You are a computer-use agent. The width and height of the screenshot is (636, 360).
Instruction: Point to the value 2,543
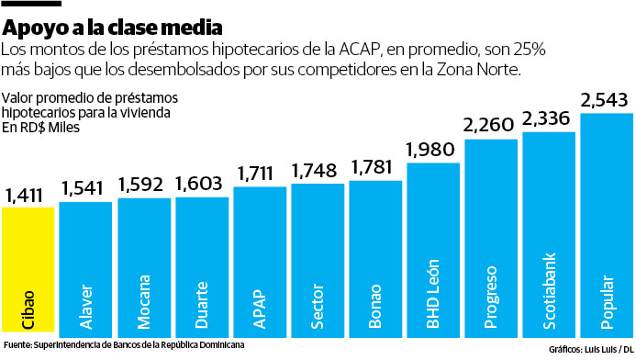[606, 98]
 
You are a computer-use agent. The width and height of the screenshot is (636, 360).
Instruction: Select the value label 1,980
[431, 150]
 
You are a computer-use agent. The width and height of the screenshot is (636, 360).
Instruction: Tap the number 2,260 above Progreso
[490, 124]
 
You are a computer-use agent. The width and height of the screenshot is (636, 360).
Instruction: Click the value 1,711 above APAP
[258, 174]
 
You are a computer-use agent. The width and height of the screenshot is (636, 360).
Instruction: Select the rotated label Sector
[318, 308]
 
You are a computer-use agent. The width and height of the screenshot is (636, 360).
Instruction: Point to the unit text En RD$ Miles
[41, 128]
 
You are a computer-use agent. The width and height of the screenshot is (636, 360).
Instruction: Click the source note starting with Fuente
[124, 346]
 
